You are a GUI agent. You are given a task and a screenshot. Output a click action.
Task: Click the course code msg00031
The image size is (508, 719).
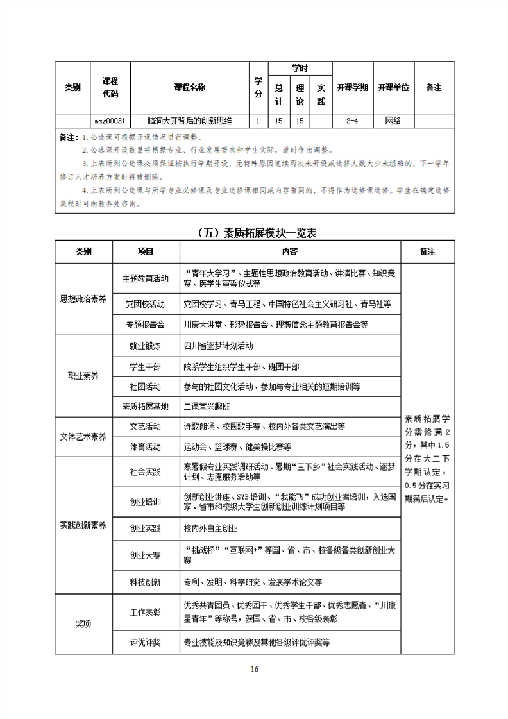(x=110, y=121)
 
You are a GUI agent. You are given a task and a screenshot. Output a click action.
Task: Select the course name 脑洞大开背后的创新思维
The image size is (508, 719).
(x=189, y=121)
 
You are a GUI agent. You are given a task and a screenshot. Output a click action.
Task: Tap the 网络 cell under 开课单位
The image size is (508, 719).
(x=393, y=121)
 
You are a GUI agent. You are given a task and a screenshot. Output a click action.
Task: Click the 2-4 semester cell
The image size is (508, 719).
(x=352, y=121)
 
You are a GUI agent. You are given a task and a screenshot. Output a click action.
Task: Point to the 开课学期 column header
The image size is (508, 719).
(x=352, y=88)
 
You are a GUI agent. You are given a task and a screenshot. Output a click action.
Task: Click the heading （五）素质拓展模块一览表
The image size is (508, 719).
(x=255, y=233)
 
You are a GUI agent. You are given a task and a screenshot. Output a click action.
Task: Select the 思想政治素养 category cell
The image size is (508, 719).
(x=83, y=298)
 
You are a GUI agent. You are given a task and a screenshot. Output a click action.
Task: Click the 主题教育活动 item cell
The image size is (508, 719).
(x=145, y=279)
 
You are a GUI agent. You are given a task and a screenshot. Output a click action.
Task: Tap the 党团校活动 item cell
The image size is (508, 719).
(x=145, y=303)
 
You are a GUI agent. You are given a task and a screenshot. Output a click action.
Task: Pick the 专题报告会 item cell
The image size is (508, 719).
(x=145, y=325)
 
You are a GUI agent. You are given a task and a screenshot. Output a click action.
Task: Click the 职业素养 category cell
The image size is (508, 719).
(x=83, y=376)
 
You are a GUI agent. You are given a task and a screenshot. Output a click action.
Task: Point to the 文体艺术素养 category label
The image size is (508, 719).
(x=83, y=437)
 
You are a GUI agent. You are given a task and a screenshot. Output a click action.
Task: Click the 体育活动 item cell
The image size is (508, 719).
(x=145, y=446)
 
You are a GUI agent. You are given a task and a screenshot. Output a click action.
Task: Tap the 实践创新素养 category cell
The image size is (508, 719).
(x=83, y=526)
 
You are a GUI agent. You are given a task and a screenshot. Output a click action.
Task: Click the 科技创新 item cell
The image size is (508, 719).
(x=145, y=582)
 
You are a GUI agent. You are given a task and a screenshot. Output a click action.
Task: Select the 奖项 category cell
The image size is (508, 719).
(x=83, y=624)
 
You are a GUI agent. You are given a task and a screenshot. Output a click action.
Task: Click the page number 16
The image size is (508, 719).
(x=254, y=670)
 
